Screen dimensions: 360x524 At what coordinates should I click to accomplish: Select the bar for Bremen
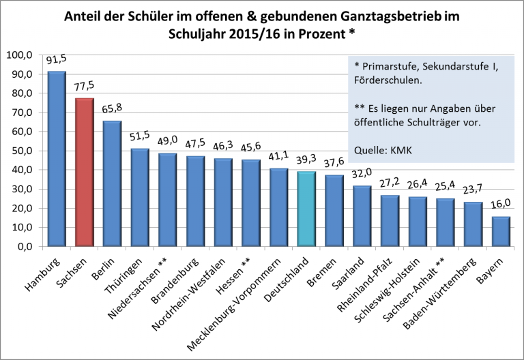(334, 211)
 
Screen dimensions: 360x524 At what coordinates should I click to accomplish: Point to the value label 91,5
(57, 60)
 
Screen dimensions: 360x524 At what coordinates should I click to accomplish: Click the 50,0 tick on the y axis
(20, 151)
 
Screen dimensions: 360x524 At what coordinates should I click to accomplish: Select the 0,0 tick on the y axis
(23, 247)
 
